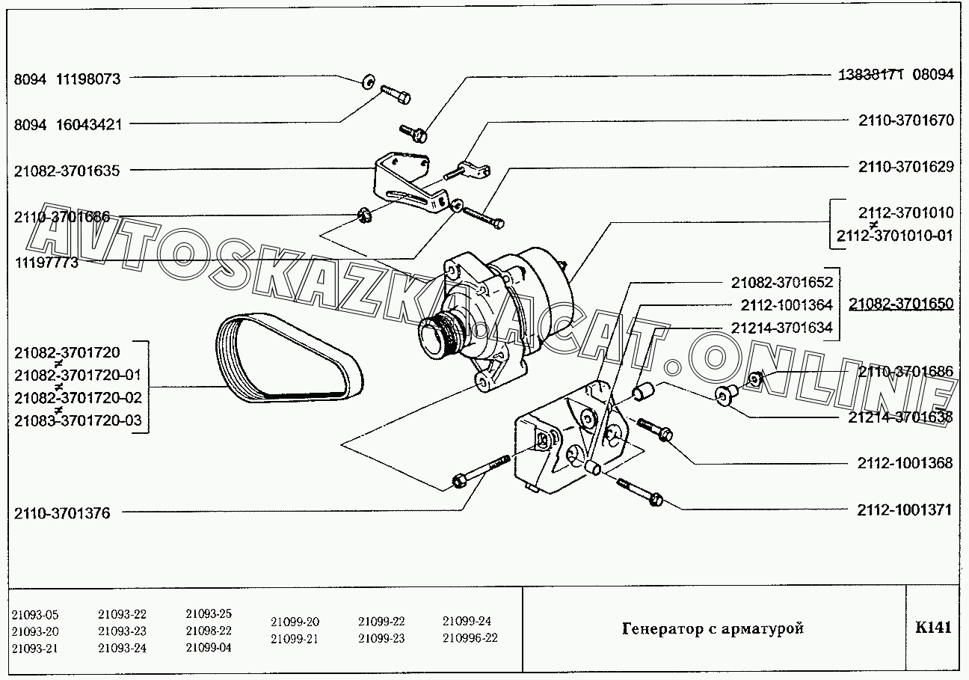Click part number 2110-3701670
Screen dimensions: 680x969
(906, 120)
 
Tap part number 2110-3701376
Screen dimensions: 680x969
(62, 513)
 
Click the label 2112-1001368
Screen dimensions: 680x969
(904, 463)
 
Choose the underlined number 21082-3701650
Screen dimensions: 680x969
(901, 304)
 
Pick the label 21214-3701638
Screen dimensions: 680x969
(900, 417)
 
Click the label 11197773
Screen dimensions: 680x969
(46, 263)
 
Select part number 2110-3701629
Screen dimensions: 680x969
(906, 167)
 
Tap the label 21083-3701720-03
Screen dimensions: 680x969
(78, 420)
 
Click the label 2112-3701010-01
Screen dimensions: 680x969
(895, 236)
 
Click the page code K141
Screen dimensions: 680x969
(933, 627)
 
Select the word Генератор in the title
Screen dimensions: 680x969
(660, 628)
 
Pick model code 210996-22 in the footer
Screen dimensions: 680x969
(470, 638)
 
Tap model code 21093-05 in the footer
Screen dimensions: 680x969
(35, 615)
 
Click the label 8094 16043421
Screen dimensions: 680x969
(68, 124)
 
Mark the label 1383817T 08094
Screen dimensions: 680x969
(893, 76)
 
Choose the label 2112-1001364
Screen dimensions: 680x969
(787, 305)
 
